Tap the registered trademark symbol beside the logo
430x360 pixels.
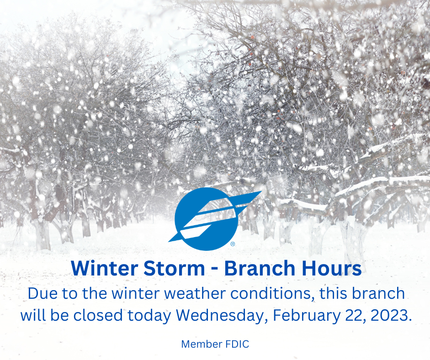(x=233, y=244)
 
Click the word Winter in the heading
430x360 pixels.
(x=105, y=268)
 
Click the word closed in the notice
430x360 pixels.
(x=98, y=315)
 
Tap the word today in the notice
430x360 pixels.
(x=149, y=316)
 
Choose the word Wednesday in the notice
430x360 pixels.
(x=222, y=316)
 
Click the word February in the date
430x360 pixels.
(x=307, y=316)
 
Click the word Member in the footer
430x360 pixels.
(x=202, y=344)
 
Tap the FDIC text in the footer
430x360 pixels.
(x=238, y=344)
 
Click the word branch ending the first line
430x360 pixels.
(x=378, y=293)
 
